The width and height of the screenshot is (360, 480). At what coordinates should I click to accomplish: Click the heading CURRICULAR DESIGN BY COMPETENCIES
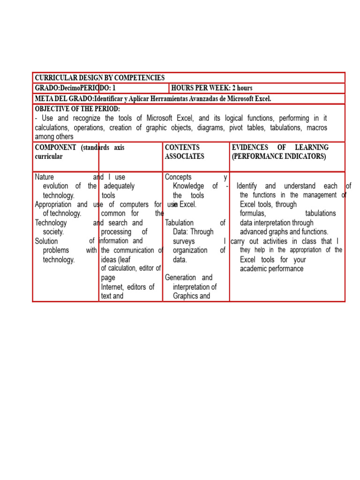click(x=99, y=78)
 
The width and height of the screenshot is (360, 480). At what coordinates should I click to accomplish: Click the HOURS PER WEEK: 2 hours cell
click(x=212, y=88)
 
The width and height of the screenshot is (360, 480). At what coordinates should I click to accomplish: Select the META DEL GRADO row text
click(x=153, y=98)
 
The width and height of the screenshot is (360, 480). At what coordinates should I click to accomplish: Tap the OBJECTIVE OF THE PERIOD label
click(x=77, y=109)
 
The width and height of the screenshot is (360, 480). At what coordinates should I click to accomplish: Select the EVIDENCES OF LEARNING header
click(x=280, y=147)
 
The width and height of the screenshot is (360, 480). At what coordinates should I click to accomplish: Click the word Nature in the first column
click(x=45, y=177)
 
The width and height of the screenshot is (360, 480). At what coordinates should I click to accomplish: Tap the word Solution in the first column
click(x=46, y=241)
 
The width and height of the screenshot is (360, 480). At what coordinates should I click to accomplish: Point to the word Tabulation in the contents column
click(x=179, y=223)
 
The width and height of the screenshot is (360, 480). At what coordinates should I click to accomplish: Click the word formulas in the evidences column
click(x=253, y=214)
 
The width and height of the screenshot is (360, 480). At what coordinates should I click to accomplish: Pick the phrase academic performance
click(x=271, y=269)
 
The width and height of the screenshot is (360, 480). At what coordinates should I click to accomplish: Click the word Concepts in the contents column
click(x=178, y=177)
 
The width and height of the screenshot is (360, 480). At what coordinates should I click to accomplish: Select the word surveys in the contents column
click(x=184, y=241)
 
